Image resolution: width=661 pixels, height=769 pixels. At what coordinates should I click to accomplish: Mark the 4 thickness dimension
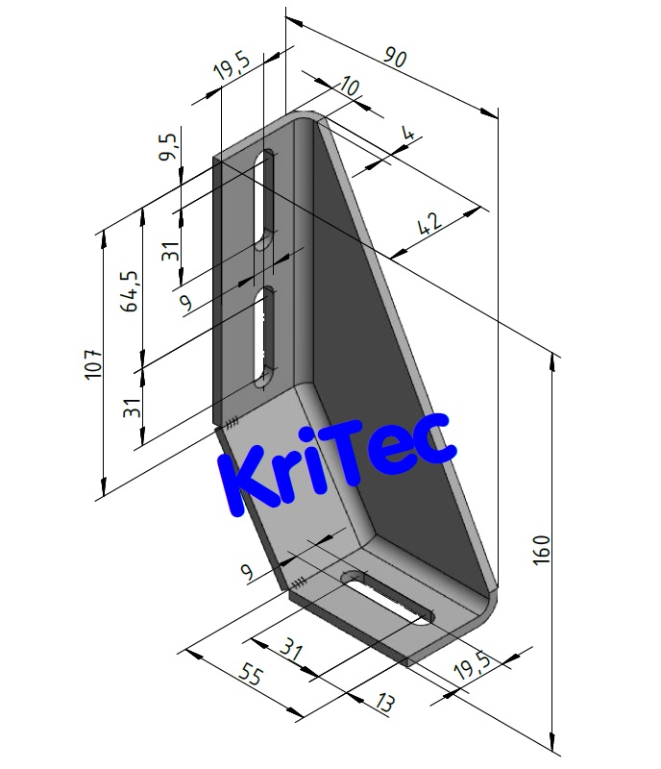coord(409,136)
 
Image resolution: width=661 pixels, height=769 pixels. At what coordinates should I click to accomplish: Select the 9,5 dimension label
coord(169,145)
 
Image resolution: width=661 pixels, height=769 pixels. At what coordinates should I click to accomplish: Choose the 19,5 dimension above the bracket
coord(232,68)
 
